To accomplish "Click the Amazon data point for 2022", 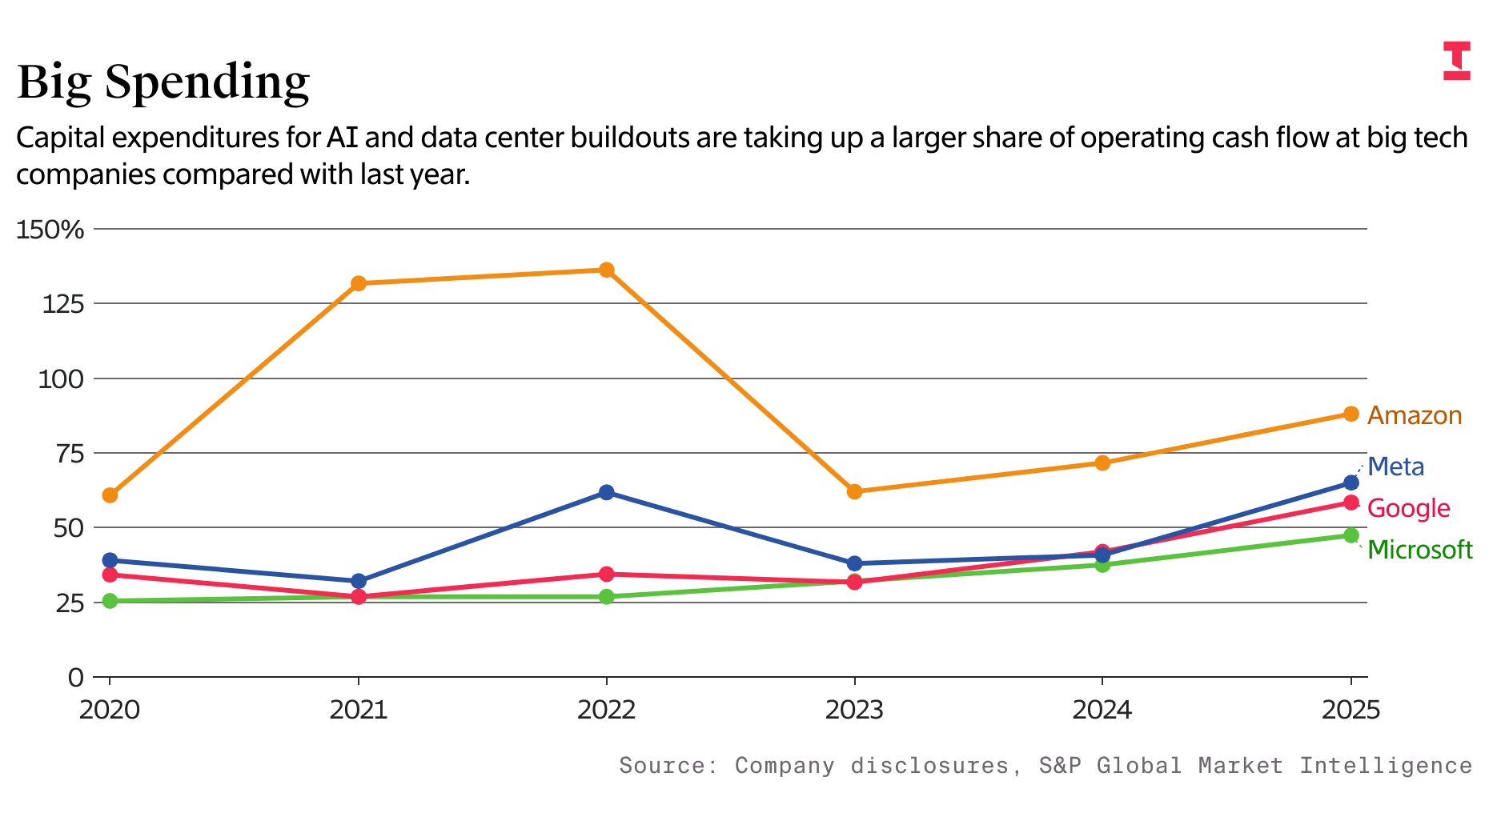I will click(x=607, y=270).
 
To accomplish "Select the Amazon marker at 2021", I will click(x=359, y=283).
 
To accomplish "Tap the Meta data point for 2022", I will click(x=607, y=492).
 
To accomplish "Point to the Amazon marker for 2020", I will click(x=110, y=495).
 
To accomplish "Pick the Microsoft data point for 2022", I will click(x=607, y=597).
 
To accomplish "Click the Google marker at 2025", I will click(x=1351, y=503).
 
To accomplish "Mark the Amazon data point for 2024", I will click(x=1102, y=463).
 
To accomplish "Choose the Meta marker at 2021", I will click(x=359, y=581).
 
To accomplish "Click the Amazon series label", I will click(x=1415, y=415).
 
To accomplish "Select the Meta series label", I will click(x=1396, y=467).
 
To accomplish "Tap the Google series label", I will click(x=1409, y=508).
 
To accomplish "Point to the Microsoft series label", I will click(x=1420, y=550).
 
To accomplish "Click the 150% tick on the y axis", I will click(x=50, y=230).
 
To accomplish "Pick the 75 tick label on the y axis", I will click(x=68, y=454).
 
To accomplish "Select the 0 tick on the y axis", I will click(x=75, y=678).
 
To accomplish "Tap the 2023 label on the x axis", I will click(x=854, y=710).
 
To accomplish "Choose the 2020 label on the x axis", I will click(x=110, y=710).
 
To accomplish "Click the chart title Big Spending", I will click(x=163, y=82).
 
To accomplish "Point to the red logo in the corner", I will click(x=1457, y=61).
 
